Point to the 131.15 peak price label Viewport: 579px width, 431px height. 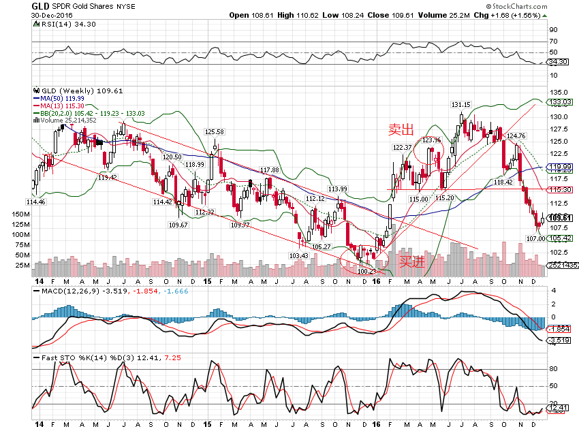point(460,104)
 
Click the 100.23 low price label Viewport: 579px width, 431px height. point(366,270)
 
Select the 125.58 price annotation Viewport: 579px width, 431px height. point(215,131)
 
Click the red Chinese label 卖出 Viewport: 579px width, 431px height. point(401,129)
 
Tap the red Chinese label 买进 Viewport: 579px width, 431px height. point(411,260)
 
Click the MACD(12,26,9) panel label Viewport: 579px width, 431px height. point(66,291)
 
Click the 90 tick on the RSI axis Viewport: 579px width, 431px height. point(554,29)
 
